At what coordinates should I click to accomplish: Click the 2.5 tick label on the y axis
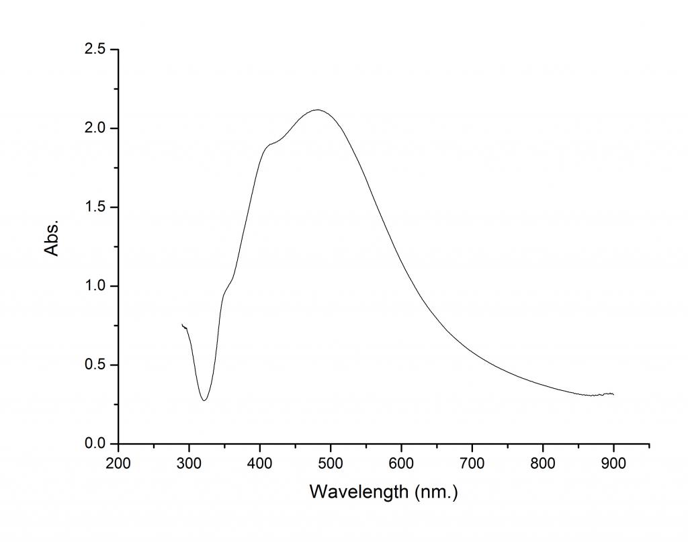(95, 49)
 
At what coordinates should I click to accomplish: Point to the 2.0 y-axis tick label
(95, 128)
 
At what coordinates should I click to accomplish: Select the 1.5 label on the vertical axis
(95, 207)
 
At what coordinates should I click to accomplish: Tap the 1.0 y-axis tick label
(95, 286)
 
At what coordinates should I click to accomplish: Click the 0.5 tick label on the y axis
(95, 365)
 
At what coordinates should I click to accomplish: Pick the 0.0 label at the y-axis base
(95, 444)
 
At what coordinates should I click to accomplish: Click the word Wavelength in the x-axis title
(358, 492)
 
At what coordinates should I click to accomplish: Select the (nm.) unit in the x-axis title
(435, 492)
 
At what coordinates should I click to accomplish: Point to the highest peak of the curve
(318, 109)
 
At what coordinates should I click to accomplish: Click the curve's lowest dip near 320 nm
(204, 400)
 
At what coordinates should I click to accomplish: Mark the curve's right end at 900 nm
(613, 394)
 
